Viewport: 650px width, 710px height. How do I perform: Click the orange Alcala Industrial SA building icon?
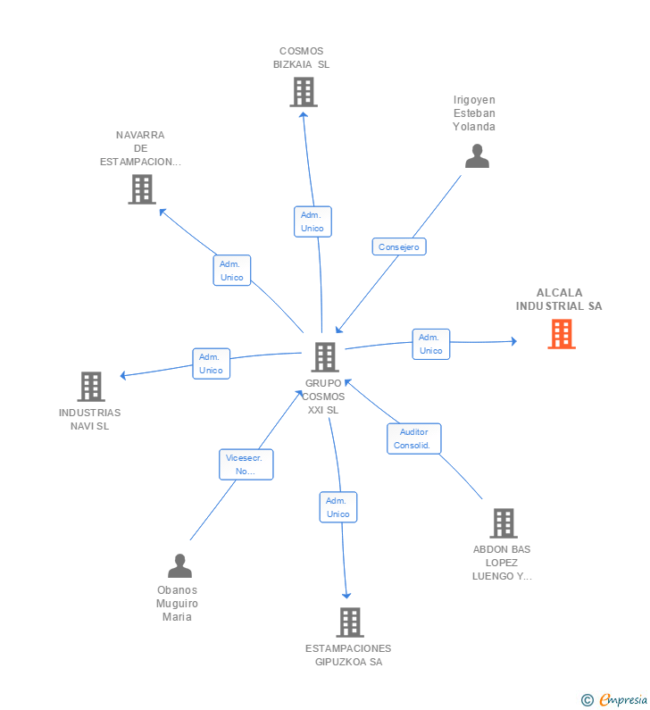(561, 334)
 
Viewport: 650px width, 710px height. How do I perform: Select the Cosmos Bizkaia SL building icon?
(303, 91)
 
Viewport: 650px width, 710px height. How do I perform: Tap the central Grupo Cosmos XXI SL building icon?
(324, 357)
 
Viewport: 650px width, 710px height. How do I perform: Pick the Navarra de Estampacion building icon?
(141, 189)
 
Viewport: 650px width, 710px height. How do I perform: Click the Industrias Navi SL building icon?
(90, 387)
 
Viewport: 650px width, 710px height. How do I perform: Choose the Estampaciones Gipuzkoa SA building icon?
(349, 622)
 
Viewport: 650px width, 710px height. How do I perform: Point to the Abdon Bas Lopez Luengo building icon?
(503, 523)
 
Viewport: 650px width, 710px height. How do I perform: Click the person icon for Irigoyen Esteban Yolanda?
(477, 156)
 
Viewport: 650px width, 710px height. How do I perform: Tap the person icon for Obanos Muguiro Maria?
(179, 566)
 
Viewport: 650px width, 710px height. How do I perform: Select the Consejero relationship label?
(398, 247)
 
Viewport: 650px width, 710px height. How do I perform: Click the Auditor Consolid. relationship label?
(413, 439)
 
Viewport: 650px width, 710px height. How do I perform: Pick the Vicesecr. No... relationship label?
(246, 464)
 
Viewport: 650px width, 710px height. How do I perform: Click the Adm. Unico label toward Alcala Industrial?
(430, 344)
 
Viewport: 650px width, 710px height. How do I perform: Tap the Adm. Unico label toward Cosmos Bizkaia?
(312, 221)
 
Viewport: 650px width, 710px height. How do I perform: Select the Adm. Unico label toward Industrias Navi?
(211, 363)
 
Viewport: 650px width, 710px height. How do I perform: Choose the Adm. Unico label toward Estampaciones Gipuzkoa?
(337, 507)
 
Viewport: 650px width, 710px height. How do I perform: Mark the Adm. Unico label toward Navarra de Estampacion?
(231, 271)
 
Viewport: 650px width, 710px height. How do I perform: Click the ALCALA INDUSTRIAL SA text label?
(559, 299)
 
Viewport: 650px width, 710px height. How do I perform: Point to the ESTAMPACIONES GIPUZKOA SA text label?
(348, 656)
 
